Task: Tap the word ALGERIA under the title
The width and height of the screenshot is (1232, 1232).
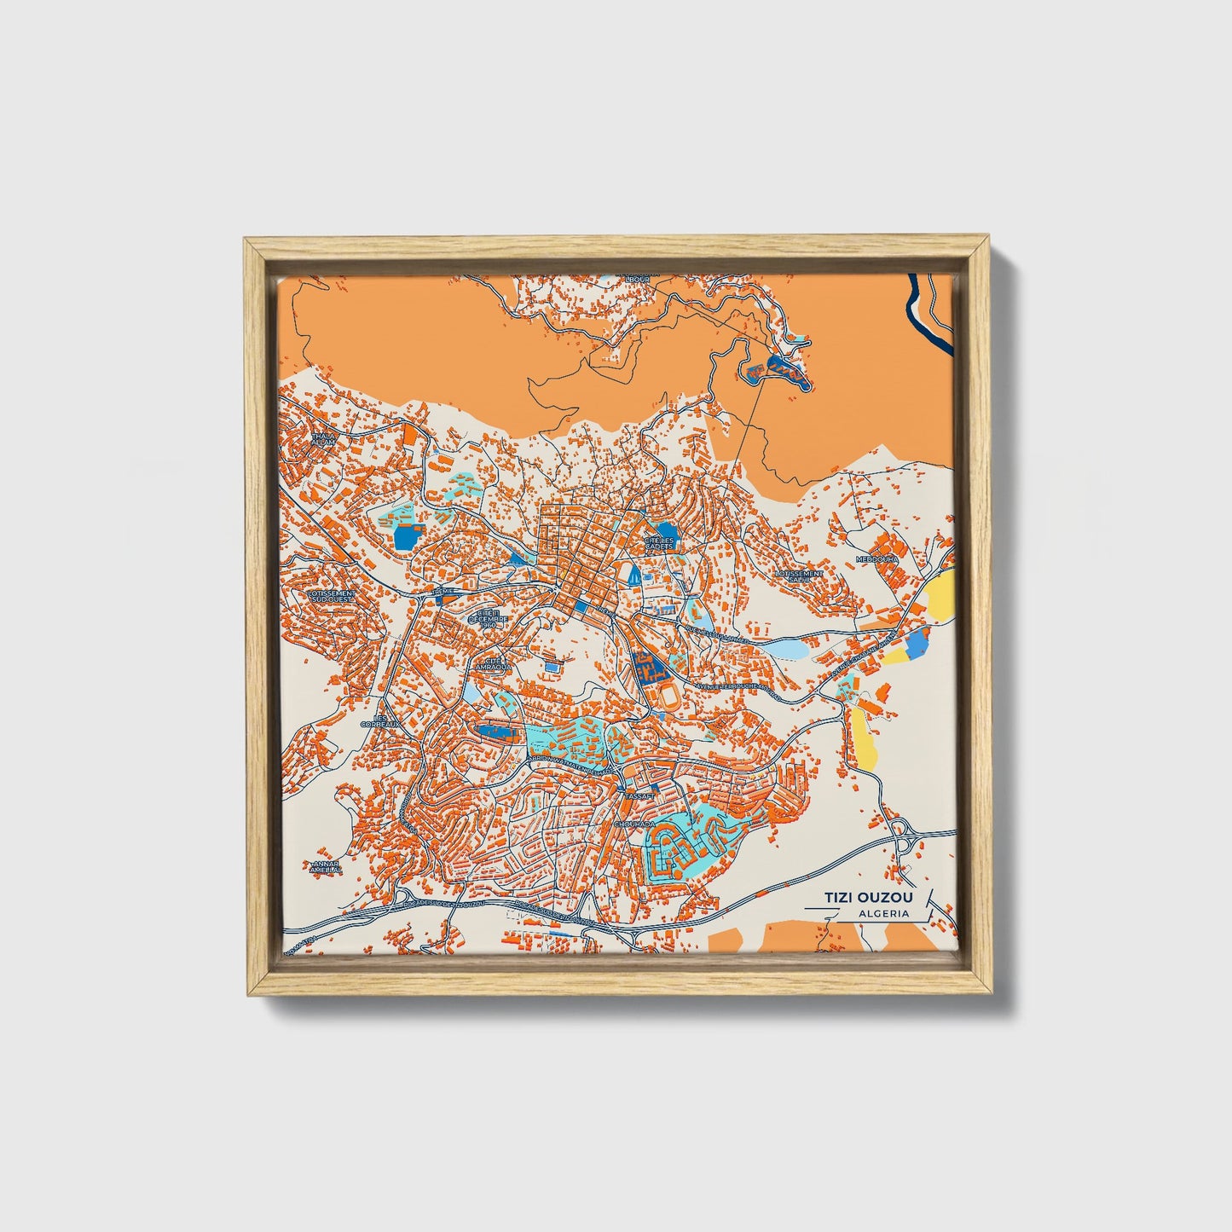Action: click(884, 913)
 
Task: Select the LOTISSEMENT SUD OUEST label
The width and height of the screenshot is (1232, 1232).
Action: click(331, 596)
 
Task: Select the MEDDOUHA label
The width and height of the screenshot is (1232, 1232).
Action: click(878, 559)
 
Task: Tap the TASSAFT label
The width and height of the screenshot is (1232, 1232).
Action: click(639, 795)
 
